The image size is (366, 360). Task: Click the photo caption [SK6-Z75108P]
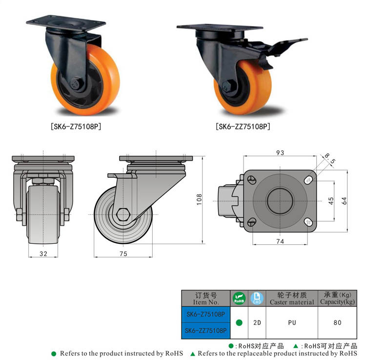click(76, 127)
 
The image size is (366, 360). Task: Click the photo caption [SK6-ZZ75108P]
click(243, 127)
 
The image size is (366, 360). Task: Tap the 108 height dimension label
click(199, 199)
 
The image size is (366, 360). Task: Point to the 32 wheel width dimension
click(43, 254)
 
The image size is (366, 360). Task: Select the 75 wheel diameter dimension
click(123, 254)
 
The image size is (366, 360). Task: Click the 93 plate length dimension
click(280, 152)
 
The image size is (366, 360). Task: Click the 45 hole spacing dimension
click(331, 201)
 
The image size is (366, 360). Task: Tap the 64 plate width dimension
click(344, 201)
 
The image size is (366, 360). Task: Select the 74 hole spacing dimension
click(280, 241)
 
